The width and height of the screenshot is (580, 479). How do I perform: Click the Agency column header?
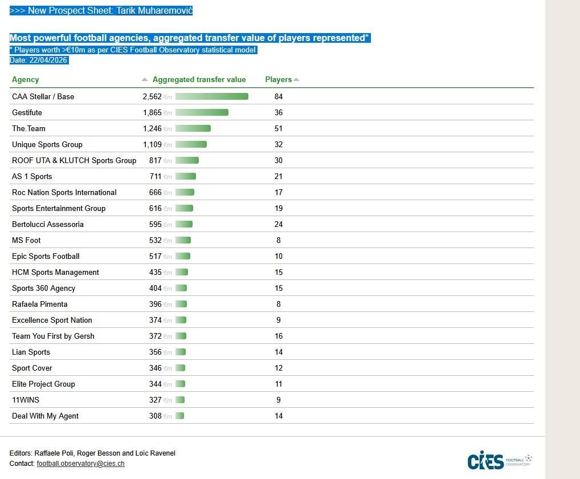coord(25,80)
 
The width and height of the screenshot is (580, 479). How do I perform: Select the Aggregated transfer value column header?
coord(199,80)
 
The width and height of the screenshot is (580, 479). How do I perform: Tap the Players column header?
coord(279,80)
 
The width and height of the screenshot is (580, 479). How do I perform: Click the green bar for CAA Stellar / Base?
coord(211,97)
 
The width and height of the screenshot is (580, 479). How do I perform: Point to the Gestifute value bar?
coord(202,113)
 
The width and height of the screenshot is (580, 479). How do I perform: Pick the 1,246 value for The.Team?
coord(152,129)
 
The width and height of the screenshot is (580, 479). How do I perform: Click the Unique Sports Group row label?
coord(47,145)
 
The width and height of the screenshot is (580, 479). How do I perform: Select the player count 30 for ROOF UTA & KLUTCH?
coord(279,161)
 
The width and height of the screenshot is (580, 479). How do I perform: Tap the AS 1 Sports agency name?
coord(32,177)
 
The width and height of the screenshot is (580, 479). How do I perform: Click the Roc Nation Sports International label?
coord(64,193)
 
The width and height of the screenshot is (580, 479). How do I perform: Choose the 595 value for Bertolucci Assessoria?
coord(156,225)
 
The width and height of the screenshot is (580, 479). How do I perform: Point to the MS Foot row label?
coord(26,241)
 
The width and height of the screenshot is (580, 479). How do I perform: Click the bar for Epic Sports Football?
coord(183,257)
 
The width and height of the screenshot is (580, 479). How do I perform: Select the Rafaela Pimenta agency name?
coord(40,305)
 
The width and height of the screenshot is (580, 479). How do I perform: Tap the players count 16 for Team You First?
coord(279,336)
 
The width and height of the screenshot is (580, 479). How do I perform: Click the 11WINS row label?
coord(26,400)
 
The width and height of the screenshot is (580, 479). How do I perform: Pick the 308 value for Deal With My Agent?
coord(156,416)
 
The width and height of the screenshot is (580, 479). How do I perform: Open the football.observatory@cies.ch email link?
coord(80,464)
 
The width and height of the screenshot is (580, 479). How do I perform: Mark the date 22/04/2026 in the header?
coord(48,60)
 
